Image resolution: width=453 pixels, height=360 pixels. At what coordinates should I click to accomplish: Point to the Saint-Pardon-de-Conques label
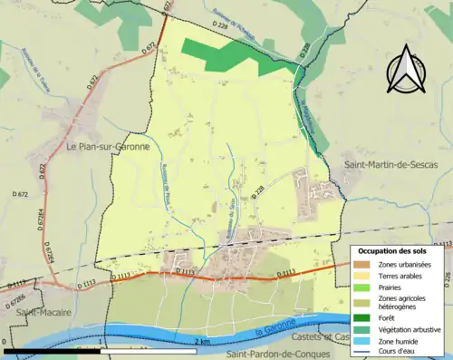coord(281,355)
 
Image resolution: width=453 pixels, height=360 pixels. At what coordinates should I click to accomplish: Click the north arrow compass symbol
coord(410,68)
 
